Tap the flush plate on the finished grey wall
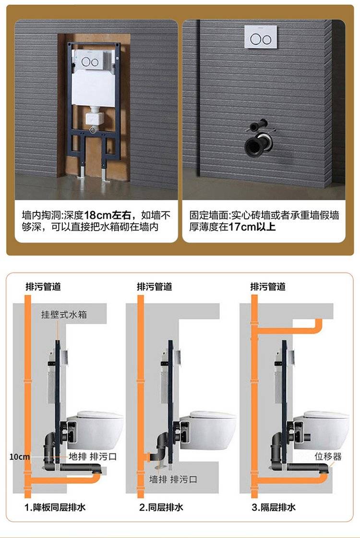pos(261,37)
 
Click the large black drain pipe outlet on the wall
pos(258,144)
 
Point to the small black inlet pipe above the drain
pos(259,125)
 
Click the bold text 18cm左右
pos(107,215)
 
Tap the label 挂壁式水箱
pos(64,314)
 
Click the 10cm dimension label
pos(19,457)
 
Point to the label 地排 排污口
pos(93,456)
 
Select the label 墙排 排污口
pos(173,479)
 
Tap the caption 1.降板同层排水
pos(55,507)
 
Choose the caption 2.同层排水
pos(161,507)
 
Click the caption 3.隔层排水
pos(273,507)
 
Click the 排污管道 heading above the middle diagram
pos(154,286)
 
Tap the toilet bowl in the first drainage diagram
pos(96,429)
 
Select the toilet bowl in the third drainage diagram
pos(322,429)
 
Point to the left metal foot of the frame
pos(82,171)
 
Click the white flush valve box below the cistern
pos(94,117)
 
